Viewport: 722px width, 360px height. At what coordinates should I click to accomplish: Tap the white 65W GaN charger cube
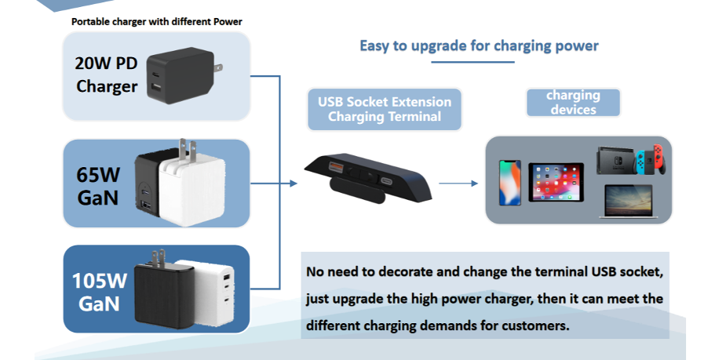tap(192, 190)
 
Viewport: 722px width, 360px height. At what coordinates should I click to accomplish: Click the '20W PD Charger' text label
tap(107, 75)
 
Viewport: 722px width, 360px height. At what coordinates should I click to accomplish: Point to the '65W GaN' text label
tap(99, 186)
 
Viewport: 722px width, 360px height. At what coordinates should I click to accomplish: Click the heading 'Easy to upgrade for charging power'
tap(479, 46)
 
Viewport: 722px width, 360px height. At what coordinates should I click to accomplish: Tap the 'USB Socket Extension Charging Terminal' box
tap(385, 110)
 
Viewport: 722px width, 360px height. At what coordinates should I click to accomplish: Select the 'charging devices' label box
tap(573, 103)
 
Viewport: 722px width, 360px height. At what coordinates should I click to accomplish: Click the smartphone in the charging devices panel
tap(510, 183)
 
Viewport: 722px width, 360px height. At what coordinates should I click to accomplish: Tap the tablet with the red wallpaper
tap(556, 182)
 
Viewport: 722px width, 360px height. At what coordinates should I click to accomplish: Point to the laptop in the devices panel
tap(629, 201)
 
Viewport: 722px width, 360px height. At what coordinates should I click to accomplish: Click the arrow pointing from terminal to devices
tap(458, 184)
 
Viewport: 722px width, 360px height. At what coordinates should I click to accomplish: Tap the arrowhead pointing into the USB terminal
tap(294, 184)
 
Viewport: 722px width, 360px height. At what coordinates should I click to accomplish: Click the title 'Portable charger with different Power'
tap(156, 22)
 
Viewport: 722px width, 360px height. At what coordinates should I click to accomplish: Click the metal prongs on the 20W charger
tap(218, 67)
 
